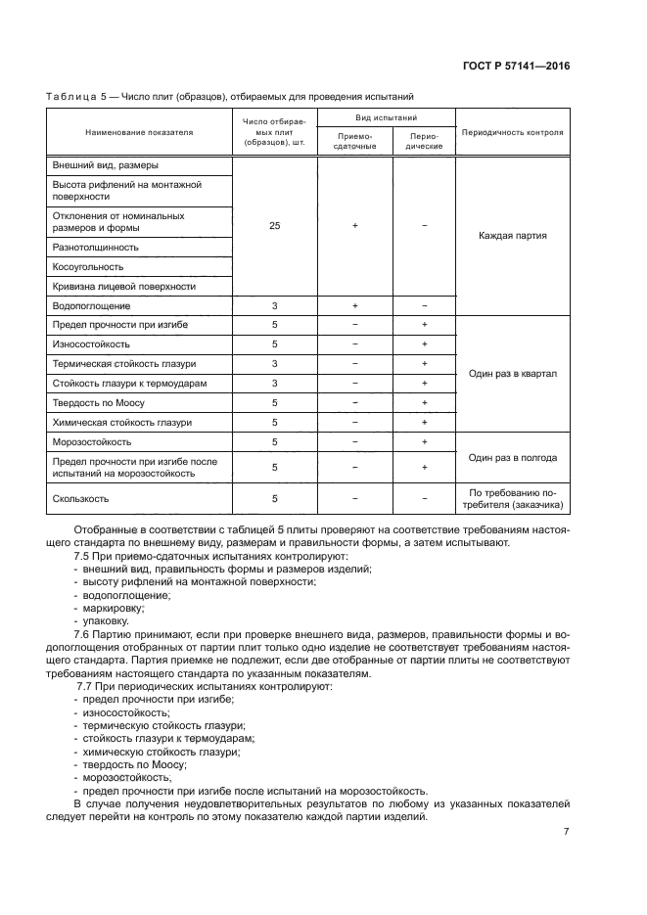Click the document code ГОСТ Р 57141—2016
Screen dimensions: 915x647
(516, 67)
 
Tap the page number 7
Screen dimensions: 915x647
(566, 831)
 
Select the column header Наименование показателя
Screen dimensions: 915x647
(139, 131)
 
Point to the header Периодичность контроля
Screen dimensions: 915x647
(512, 131)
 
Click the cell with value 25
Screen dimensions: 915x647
(274, 226)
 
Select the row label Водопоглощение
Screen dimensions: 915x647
(91, 305)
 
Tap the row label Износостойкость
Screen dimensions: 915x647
(91, 344)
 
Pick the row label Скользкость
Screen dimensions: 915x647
(83, 498)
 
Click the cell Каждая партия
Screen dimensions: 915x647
(512, 236)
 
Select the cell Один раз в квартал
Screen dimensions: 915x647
(512, 374)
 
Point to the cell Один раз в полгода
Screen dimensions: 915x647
(512, 457)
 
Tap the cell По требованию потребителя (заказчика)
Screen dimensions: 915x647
(512, 498)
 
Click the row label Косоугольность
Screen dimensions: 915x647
(88, 267)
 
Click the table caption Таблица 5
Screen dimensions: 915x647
(80, 96)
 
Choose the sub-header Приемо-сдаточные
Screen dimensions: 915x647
(354, 141)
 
